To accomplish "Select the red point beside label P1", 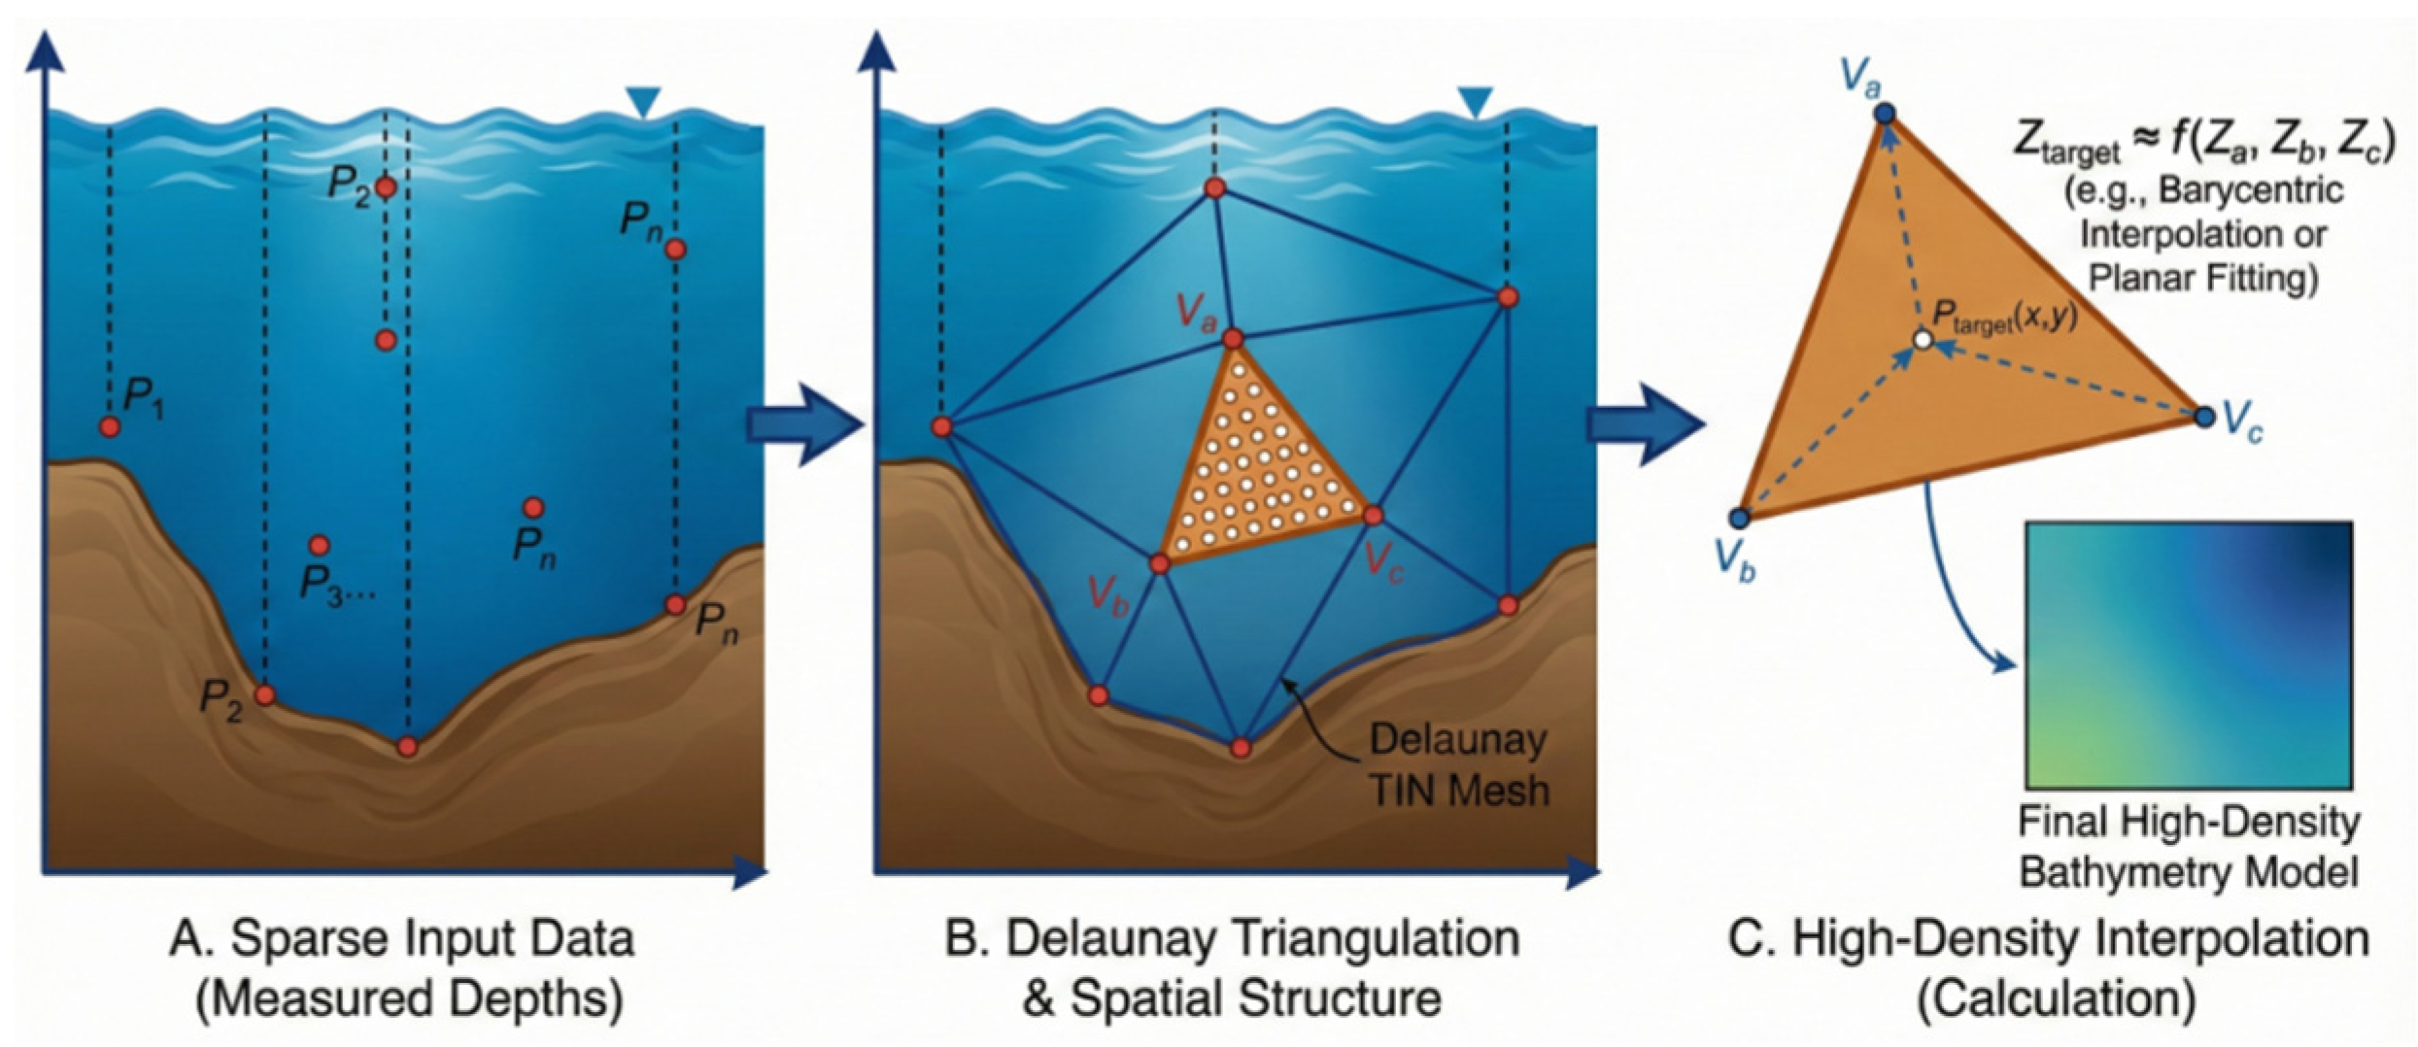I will (110, 426).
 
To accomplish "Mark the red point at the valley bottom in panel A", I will (408, 747).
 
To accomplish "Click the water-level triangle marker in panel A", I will (643, 101).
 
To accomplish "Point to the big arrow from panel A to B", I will (804, 425).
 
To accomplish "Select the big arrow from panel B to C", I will (1645, 425).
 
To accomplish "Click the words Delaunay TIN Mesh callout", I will (1457, 765).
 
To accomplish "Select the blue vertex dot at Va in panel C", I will (1885, 114).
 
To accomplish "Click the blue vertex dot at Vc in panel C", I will (2204, 418).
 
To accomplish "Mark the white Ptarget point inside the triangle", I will (1922, 340).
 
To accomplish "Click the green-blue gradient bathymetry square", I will (2189, 656).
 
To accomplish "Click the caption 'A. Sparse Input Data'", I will (402, 940).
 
